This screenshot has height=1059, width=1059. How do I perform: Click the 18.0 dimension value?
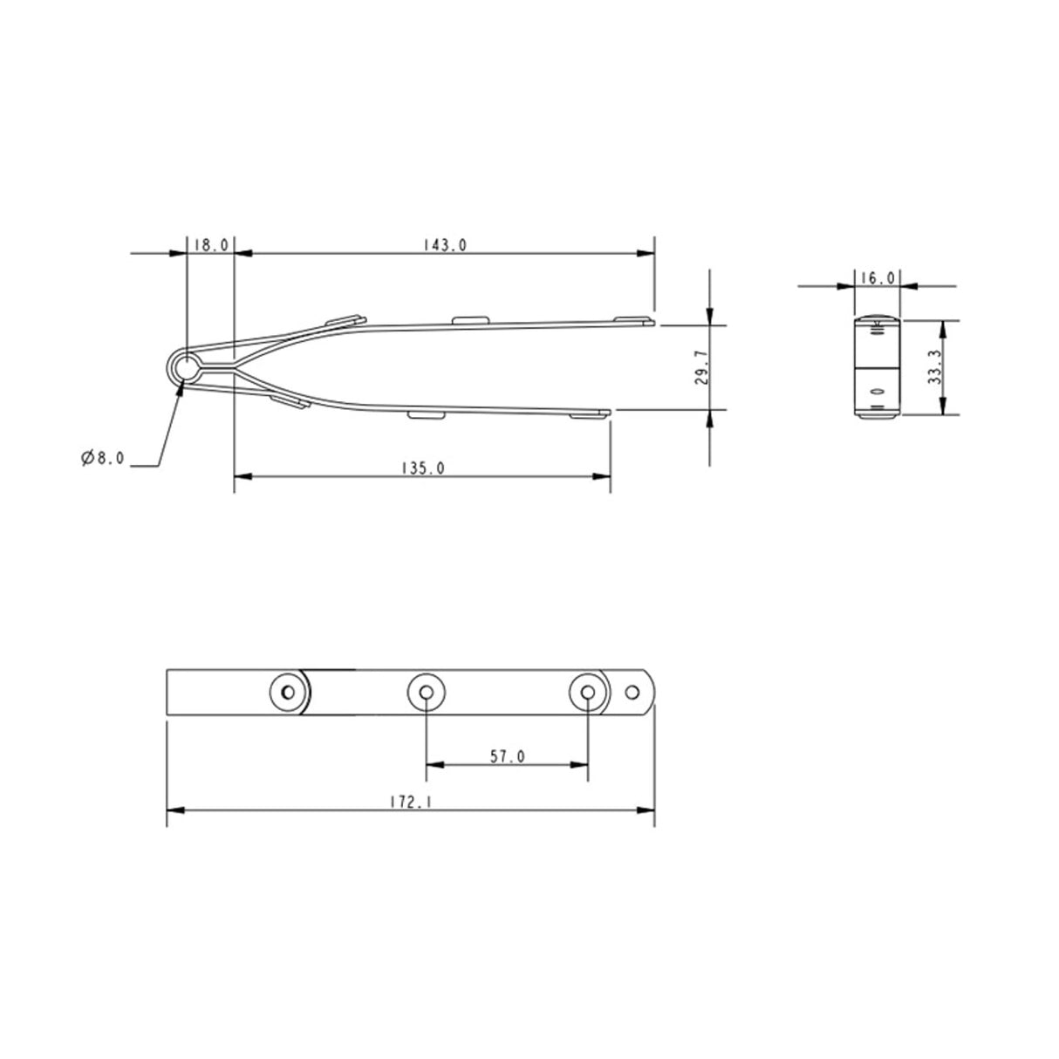(x=211, y=244)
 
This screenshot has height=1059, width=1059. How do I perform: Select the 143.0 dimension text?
(x=445, y=244)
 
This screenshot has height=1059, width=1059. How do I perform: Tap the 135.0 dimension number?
(x=423, y=468)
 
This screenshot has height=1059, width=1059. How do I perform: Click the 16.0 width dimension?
(x=878, y=278)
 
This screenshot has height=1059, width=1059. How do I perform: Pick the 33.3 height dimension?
(x=934, y=367)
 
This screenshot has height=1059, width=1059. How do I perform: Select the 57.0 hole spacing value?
(x=507, y=757)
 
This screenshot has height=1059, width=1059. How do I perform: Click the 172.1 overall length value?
(x=411, y=802)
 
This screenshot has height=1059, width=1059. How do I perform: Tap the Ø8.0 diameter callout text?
(x=103, y=458)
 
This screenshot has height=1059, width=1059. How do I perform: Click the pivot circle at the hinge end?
(x=187, y=367)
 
